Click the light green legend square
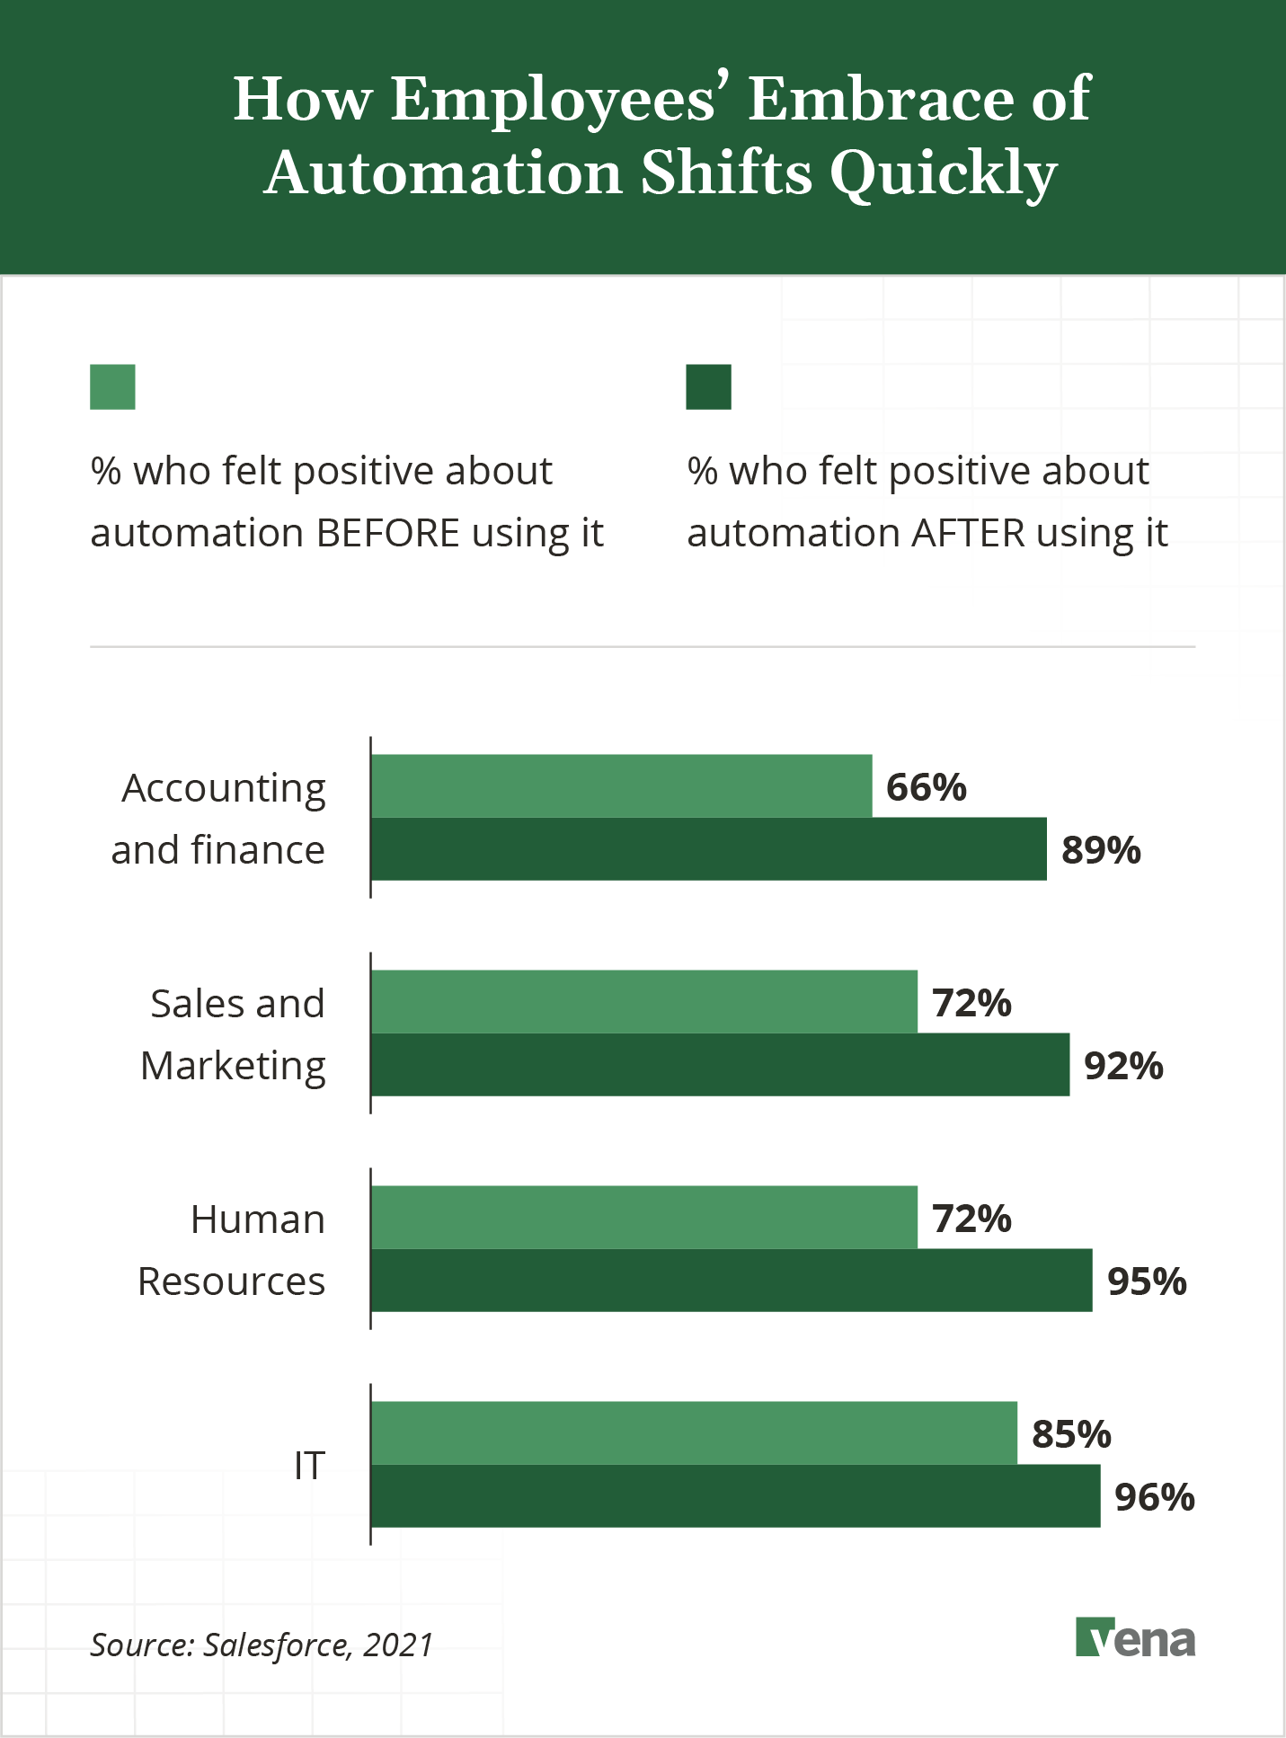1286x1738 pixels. tap(112, 386)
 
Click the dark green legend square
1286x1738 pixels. tap(708, 386)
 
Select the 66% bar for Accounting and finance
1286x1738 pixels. tap(621, 785)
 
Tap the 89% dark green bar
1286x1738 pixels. tap(708, 848)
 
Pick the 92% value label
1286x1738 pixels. tap(1123, 1066)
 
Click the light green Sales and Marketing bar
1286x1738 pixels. tap(643, 1001)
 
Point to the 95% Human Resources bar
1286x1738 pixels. tap(732, 1280)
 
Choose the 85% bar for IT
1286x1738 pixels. tap(694, 1432)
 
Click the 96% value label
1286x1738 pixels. tap(1154, 1497)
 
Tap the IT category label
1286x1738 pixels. tap(309, 1466)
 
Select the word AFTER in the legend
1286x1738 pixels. tap(968, 533)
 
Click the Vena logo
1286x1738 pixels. tap(1135, 1637)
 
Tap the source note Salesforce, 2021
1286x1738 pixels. tap(262, 1645)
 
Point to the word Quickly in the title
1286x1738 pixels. tap(943, 173)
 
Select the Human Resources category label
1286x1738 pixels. tap(232, 1250)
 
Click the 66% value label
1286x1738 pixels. tap(926, 787)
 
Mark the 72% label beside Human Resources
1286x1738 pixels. tap(971, 1219)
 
